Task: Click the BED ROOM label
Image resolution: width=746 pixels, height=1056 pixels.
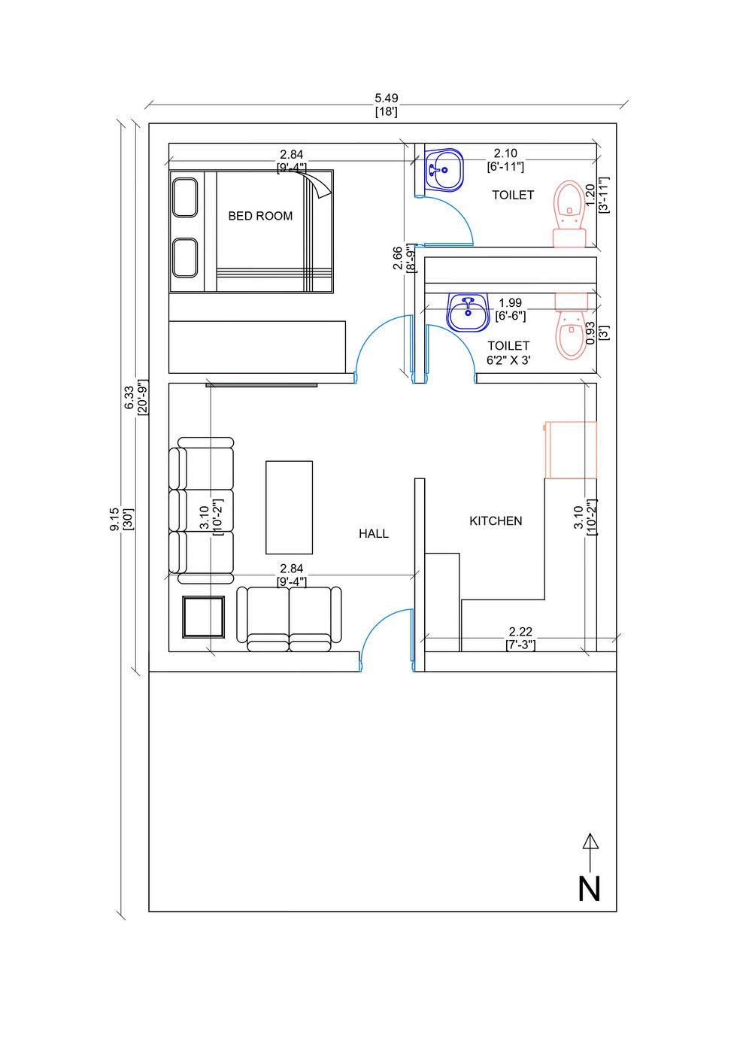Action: pyautogui.click(x=260, y=216)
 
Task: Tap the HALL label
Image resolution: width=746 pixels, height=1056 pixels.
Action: pyautogui.click(x=373, y=533)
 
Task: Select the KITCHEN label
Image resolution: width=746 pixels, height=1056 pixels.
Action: pyautogui.click(x=496, y=521)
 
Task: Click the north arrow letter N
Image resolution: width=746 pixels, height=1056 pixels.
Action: pyautogui.click(x=589, y=889)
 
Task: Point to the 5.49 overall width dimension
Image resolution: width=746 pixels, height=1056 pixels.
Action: pyautogui.click(x=387, y=98)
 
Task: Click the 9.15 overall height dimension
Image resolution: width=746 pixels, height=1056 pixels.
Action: pyautogui.click(x=114, y=520)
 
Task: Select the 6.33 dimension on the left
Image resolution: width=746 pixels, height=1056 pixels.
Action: pyautogui.click(x=129, y=398)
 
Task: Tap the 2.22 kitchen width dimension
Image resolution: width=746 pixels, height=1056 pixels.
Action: pyautogui.click(x=520, y=631)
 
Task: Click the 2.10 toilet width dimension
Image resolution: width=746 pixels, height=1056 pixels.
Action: pyautogui.click(x=505, y=153)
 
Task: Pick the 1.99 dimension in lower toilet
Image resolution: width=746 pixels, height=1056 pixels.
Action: pyautogui.click(x=511, y=302)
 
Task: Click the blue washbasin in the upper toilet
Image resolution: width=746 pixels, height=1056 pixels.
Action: pyautogui.click(x=444, y=170)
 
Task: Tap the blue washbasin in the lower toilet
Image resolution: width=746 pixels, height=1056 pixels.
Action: pyautogui.click(x=468, y=313)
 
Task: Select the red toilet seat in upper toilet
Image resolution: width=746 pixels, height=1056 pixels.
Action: pyautogui.click(x=569, y=214)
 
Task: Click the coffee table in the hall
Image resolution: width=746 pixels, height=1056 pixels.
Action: pyautogui.click(x=289, y=507)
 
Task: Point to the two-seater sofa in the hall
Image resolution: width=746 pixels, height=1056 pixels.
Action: pyautogui.click(x=289, y=619)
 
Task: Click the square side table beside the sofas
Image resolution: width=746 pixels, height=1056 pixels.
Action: pyautogui.click(x=203, y=617)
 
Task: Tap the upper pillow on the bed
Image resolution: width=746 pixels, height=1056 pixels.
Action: pyautogui.click(x=185, y=198)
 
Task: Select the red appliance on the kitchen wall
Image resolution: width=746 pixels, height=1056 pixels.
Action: pyautogui.click(x=571, y=451)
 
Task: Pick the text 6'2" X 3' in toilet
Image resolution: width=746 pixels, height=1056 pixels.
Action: pyautogui.click(x=508, y=360)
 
